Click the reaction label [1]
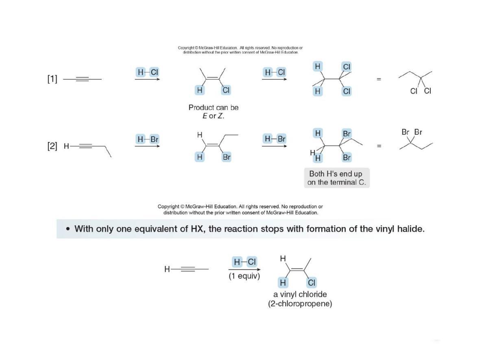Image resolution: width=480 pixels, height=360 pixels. point(52,79)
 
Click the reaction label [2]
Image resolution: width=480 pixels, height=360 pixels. point(52,146)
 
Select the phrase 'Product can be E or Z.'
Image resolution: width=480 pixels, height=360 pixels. point(214,112)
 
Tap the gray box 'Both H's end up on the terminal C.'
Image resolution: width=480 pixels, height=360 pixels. point(337,178)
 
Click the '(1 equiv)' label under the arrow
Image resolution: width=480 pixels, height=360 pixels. point(244,276)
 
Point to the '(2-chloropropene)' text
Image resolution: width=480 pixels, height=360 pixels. point(300,304)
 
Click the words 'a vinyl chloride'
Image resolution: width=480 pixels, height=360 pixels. point(300,294)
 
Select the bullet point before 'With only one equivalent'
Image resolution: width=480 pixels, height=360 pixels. point(68,229)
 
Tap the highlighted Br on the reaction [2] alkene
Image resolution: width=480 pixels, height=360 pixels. point(227,157)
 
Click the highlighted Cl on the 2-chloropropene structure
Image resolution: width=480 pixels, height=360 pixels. point(311,283)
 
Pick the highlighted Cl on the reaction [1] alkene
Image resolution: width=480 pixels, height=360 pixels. point(226,90)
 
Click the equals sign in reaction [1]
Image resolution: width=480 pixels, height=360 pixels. point(379,79)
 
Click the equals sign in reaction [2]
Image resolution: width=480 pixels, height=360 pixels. point(379,146)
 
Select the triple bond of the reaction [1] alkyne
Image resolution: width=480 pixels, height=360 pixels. point(82,79)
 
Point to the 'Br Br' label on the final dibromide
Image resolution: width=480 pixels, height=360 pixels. point(412,132)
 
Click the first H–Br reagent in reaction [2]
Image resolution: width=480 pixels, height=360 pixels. point(148,140)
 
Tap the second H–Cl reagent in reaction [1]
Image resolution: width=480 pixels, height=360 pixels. point(275,72)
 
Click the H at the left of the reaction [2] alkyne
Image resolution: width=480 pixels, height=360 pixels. point(66,146)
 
